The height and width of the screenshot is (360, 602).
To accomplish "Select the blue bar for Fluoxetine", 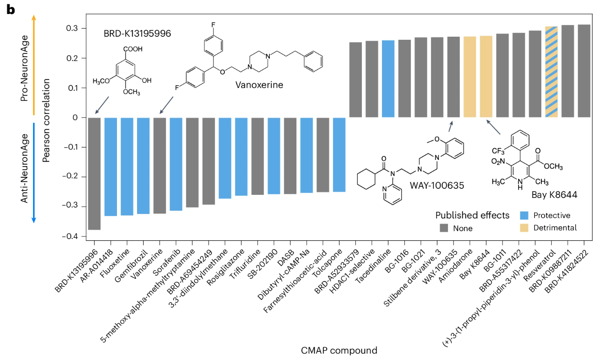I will click(127, 166).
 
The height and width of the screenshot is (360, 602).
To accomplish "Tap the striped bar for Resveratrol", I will click(551, 72).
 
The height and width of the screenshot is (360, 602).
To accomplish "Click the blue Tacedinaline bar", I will click(388, 79).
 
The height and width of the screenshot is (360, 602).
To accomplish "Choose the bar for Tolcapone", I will click(339, 155).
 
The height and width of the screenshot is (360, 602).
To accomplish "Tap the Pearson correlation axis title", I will click(46, 117).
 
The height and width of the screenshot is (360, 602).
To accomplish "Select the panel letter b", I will click(10, 10).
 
